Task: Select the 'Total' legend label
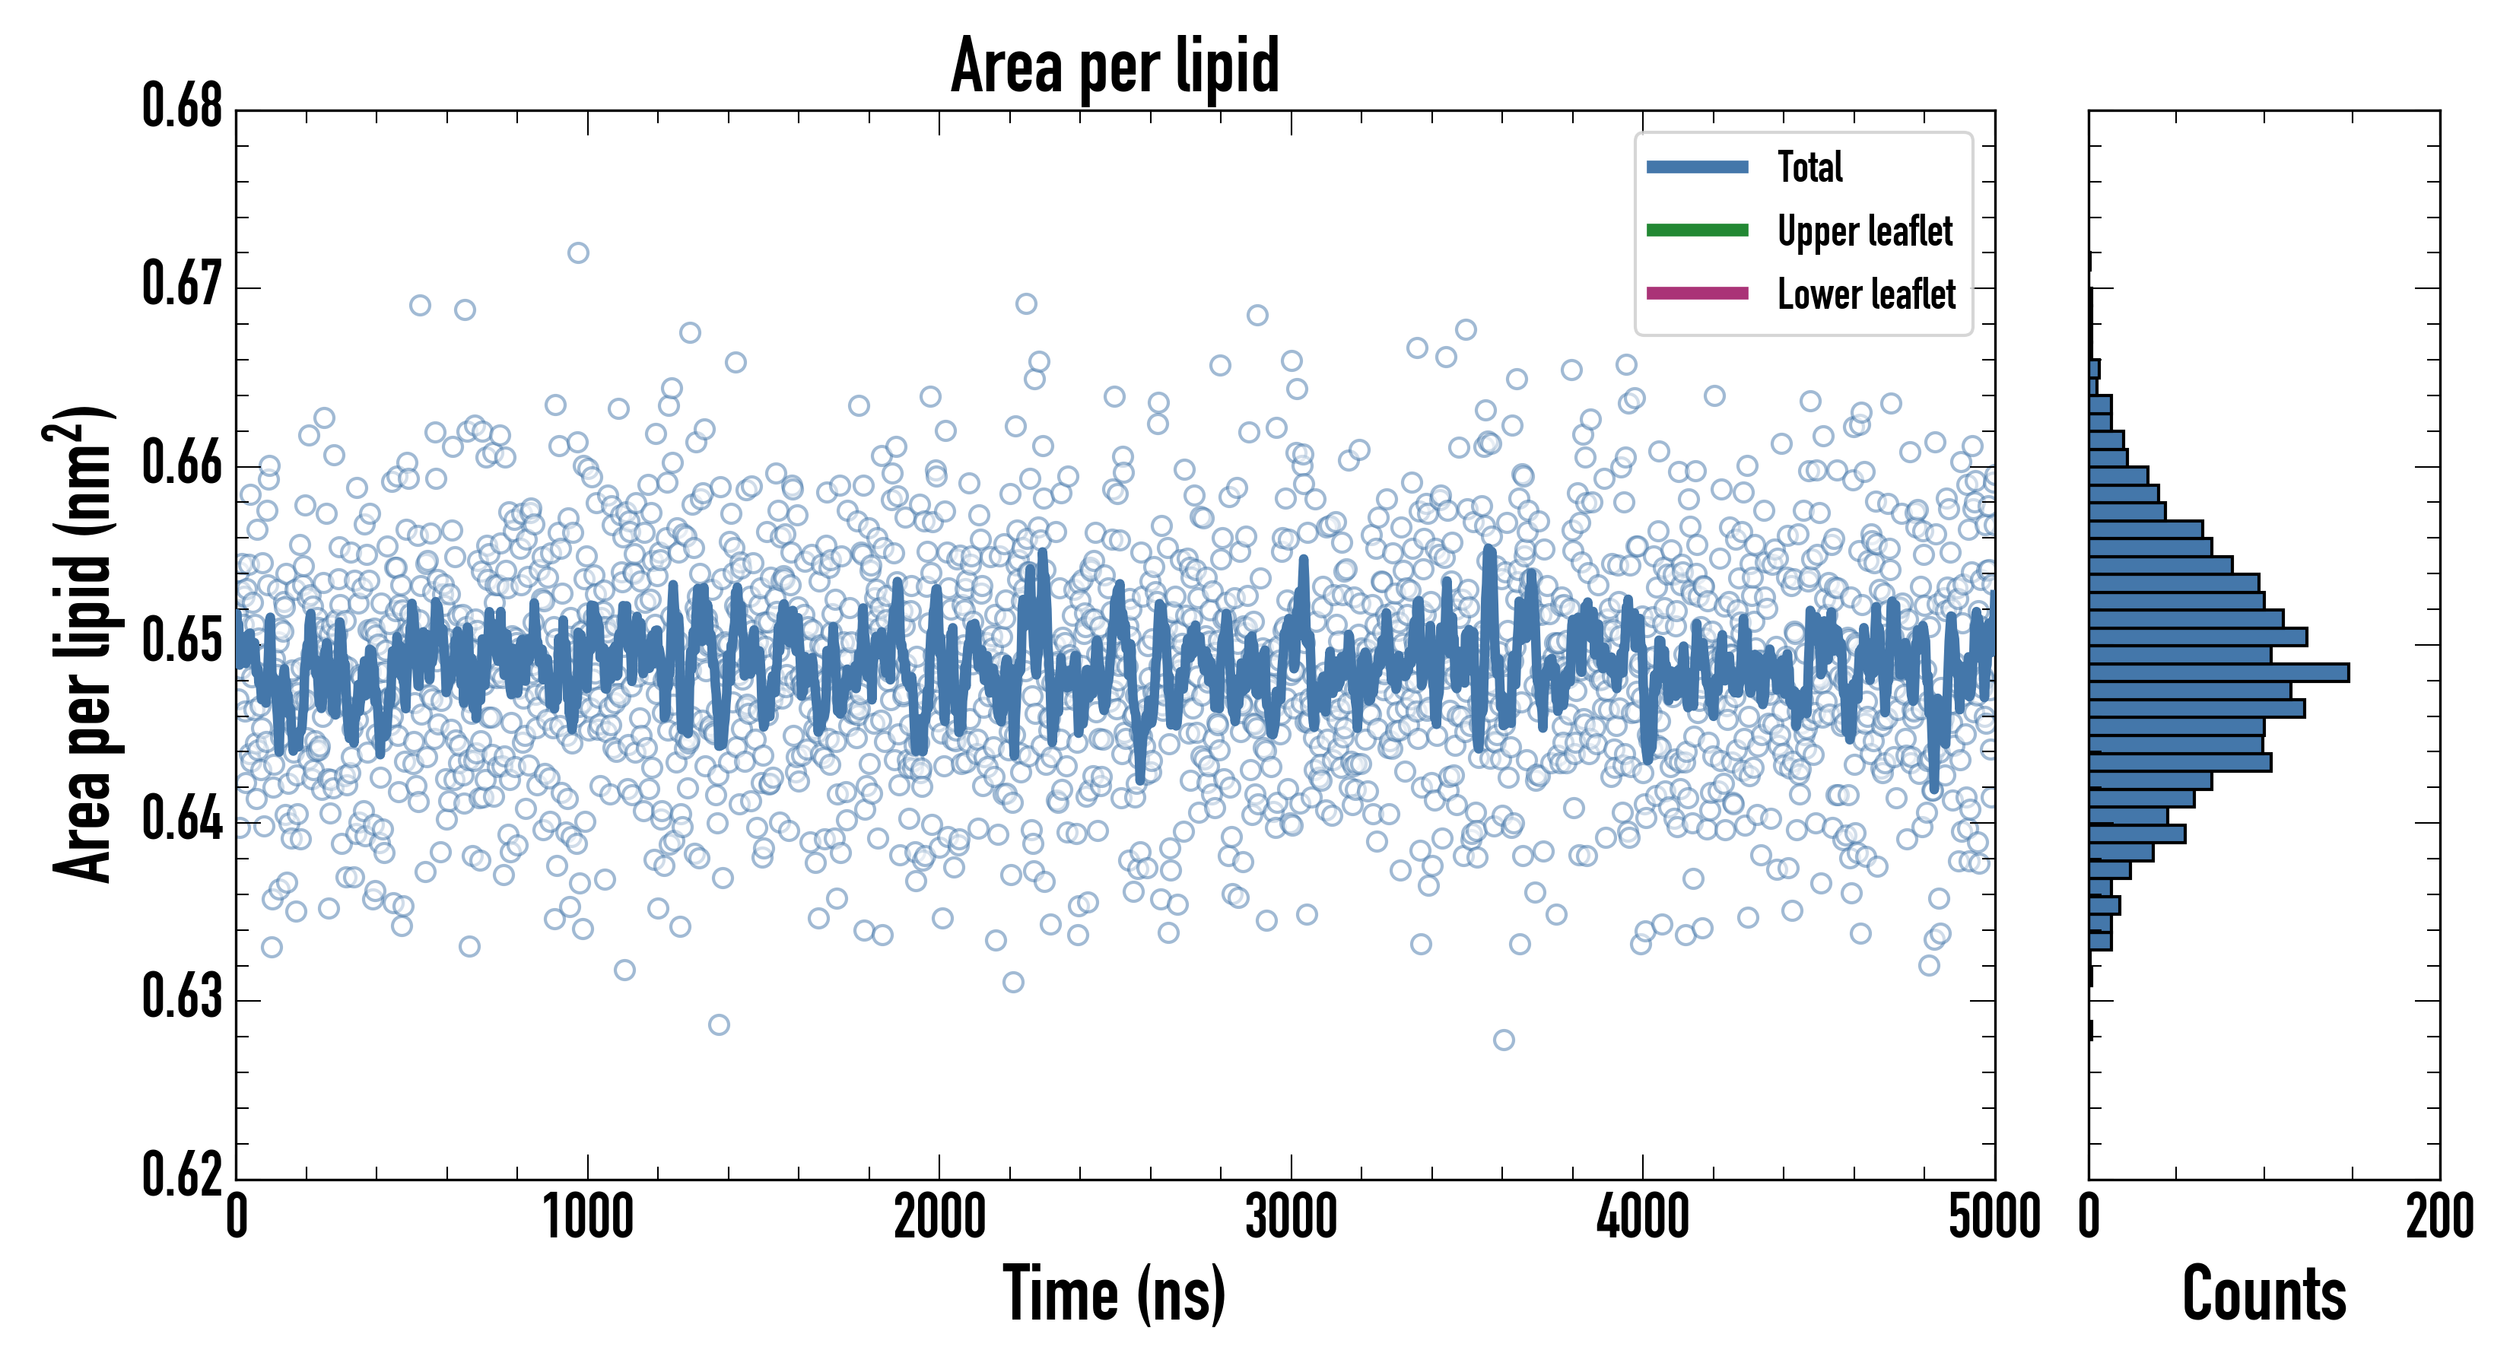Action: point(1809,167)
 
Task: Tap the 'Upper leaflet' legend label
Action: point(1864,231)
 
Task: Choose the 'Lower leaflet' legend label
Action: point(1866,294)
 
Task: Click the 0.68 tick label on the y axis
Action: point(183,106)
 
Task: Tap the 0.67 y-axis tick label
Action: point(183,284)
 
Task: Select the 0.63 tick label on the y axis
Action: point(183,997)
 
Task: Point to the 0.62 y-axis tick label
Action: point(183,1174)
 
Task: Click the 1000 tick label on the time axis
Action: point(587,1218)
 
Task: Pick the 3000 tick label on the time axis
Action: point(1291,1218)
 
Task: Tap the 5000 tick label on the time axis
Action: point(1994,1218)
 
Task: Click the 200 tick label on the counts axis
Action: point(2439,1218)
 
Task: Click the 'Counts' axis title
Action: point(2264,1294)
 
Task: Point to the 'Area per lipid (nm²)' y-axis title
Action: point(83,644)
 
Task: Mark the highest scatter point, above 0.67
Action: point(578,253)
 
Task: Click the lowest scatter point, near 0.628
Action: point(1504,1040)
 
